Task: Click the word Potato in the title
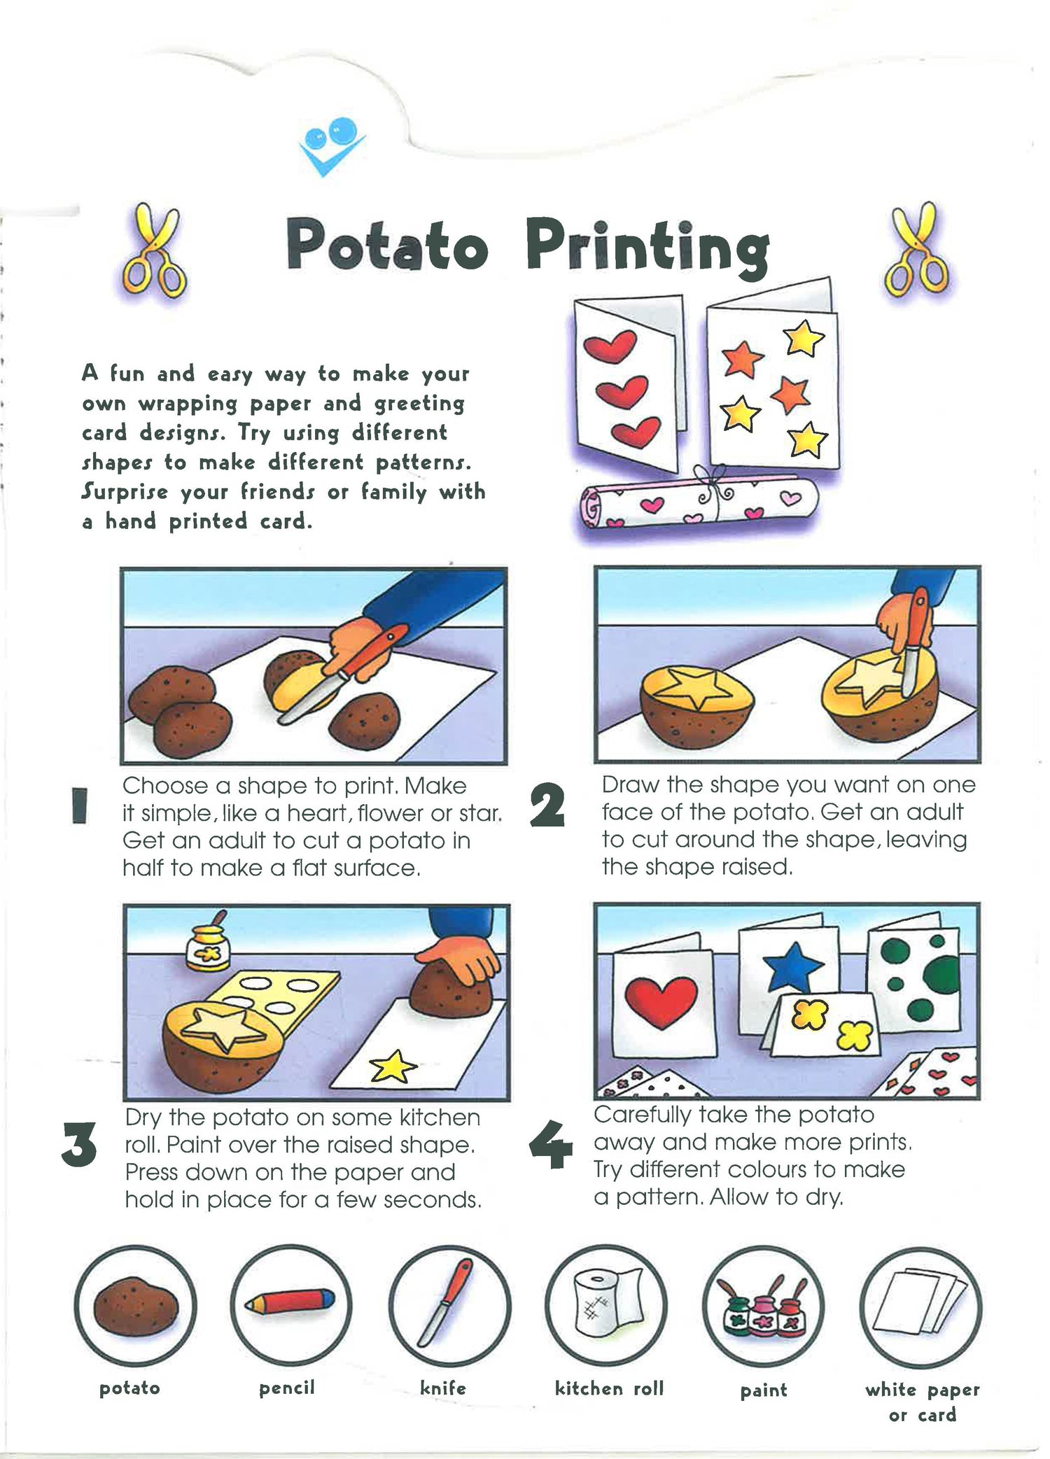coord(387,246)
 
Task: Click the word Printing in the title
coord(647,246)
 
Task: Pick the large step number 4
coord(552,1145)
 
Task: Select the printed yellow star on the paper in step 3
coord(393,1066)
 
